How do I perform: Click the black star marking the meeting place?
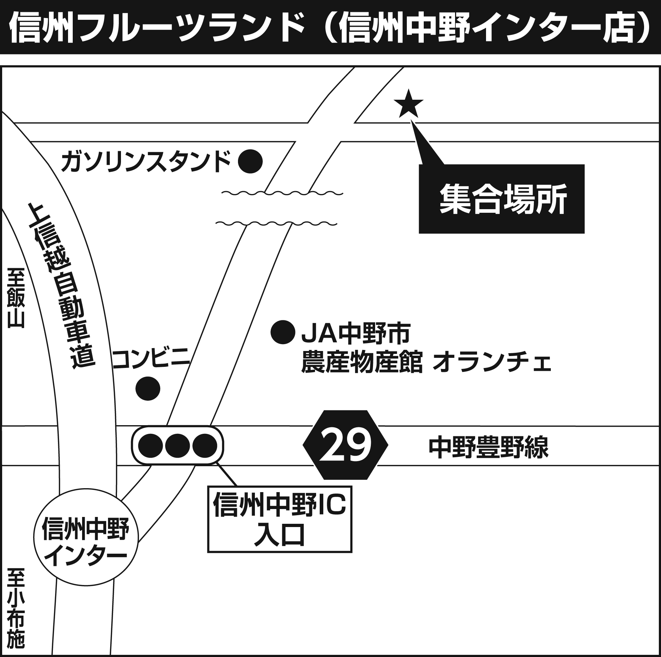(x=408, y=104)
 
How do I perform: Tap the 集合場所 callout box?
(x=501, y=199)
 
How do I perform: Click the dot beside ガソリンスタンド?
(x=250, y=162)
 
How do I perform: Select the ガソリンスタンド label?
(x=145, y=162)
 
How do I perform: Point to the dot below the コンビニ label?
(x=148, y=388)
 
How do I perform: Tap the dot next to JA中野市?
(x=283, y=332)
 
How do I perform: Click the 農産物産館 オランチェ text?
(x=426, y=363)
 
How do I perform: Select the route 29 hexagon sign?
(x=345, y=445)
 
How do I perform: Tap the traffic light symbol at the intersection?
(x=178, y=445)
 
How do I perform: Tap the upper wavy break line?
(x=282, y=193)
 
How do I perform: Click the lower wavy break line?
(x=276, y=224)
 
